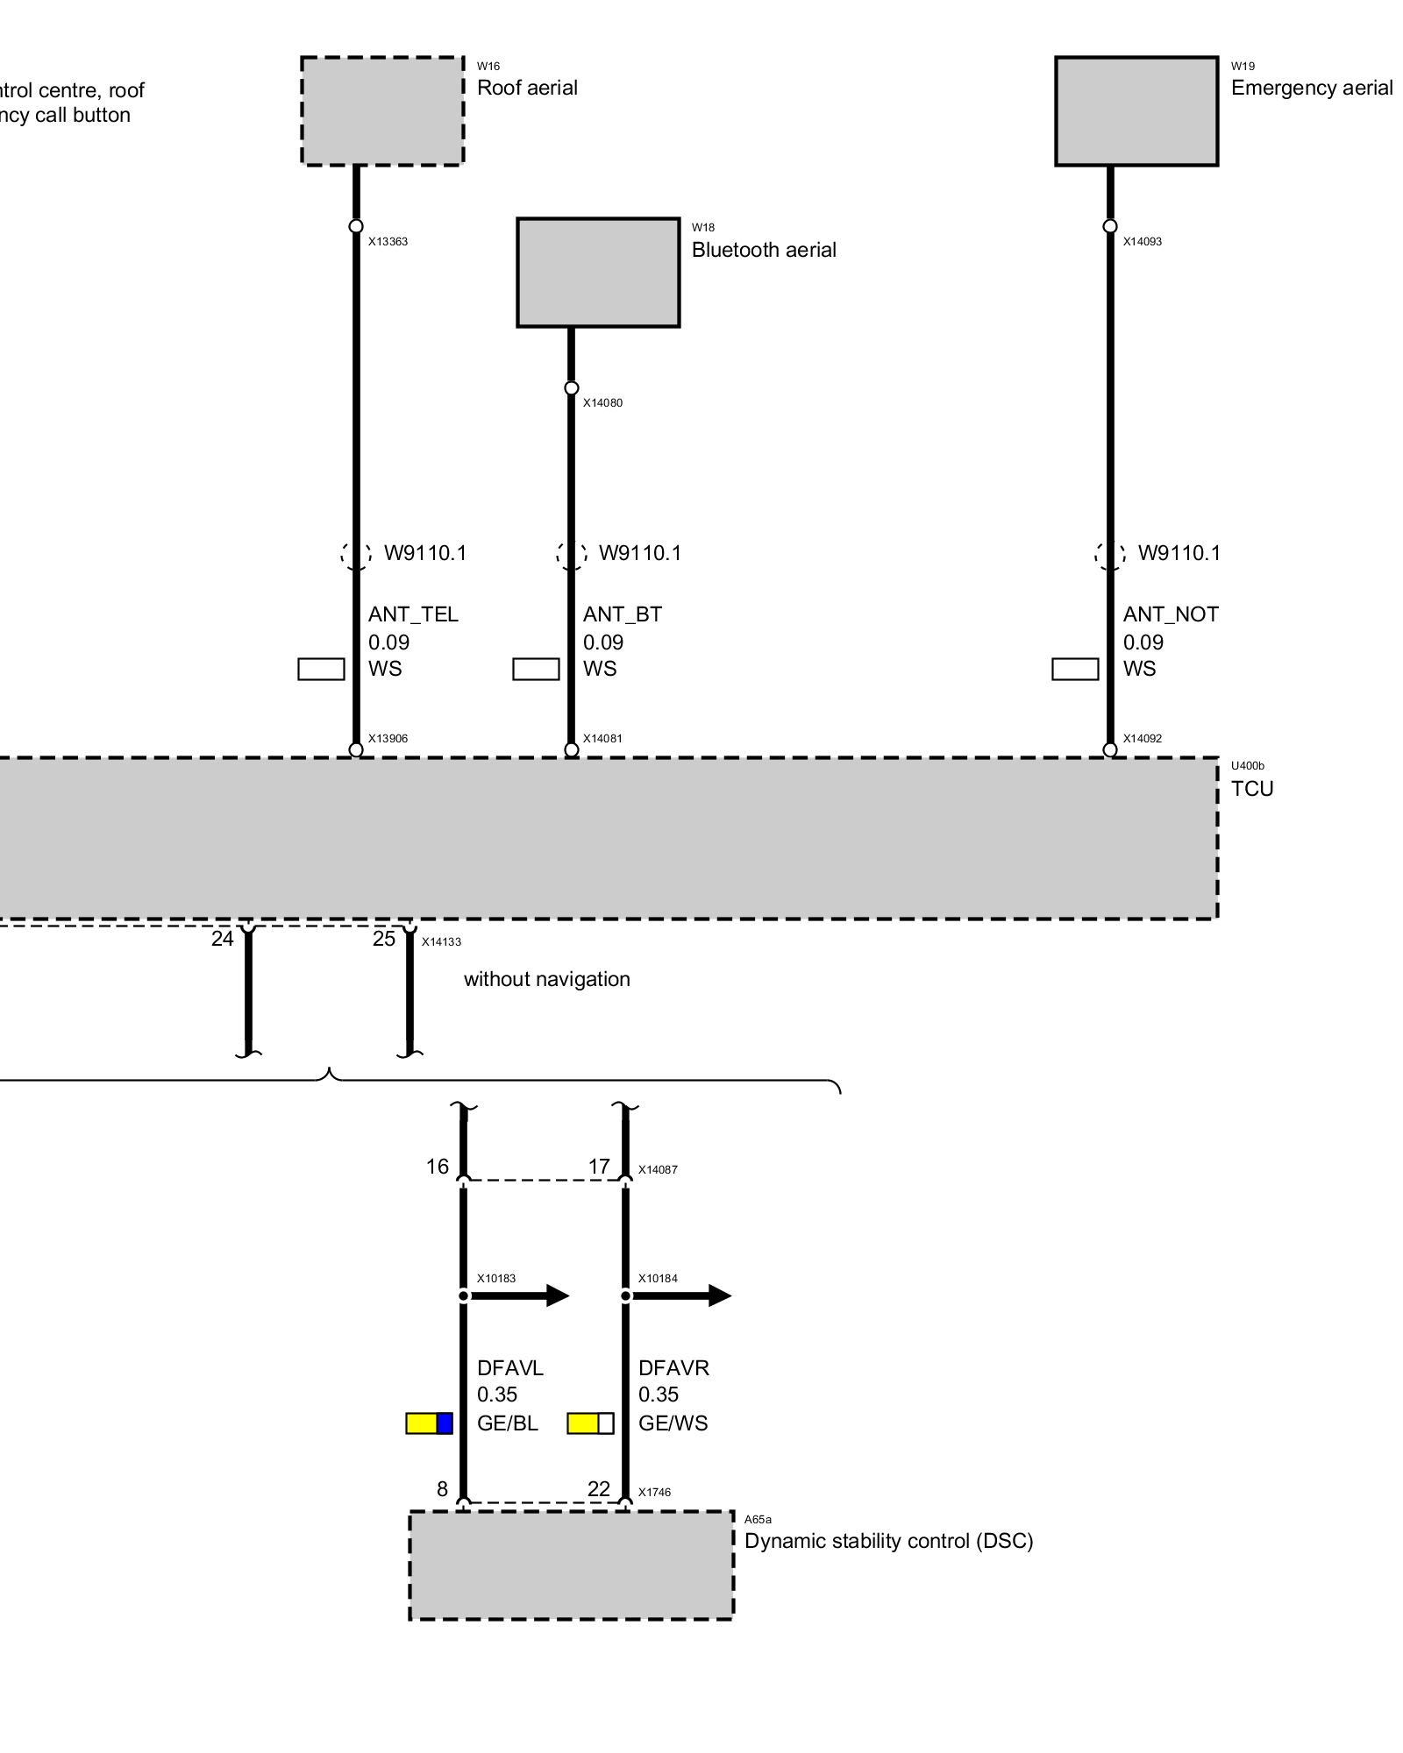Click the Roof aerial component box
[x=382, y=111]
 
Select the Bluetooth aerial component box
[x=598, y=273]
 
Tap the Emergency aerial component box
[x=1136, y=111]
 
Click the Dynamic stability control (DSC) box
[x=572, y=1565]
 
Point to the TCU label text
[x=1252, y=789]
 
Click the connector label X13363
[x=388, y=242]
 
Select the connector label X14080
[x=603, y=403]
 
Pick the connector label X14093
[x=1143, y=242]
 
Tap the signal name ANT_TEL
[x=413, y=614]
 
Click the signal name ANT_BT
[x=623, y=614]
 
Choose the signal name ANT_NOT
[x=1171, y=614]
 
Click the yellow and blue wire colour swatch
[x=430, y=1423]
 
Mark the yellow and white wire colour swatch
[x=591, y=1423]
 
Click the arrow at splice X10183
[x=517, y=1295]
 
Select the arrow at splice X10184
[x=680, y=1295]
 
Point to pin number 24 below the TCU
[x=223, y=939]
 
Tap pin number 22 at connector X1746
[x=599, y=1489]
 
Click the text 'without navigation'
[x=547, y=979]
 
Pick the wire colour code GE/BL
[x=508, y=1423]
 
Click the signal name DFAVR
[x=673, y=1368]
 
